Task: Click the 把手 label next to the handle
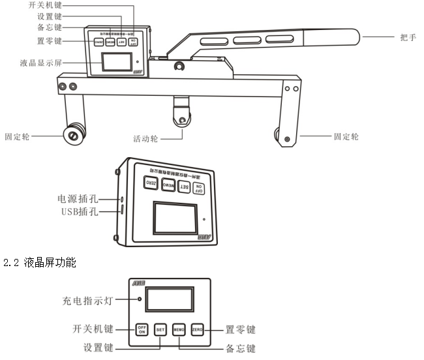pyautogui.click(x=408, y=37)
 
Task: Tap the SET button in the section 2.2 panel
pyautogui.click(x=160, y=329)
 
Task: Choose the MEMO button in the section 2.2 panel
pyautogui.click(x=179, y=329)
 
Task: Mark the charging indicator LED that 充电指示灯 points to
pyautogui.click(x=139, y=299)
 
